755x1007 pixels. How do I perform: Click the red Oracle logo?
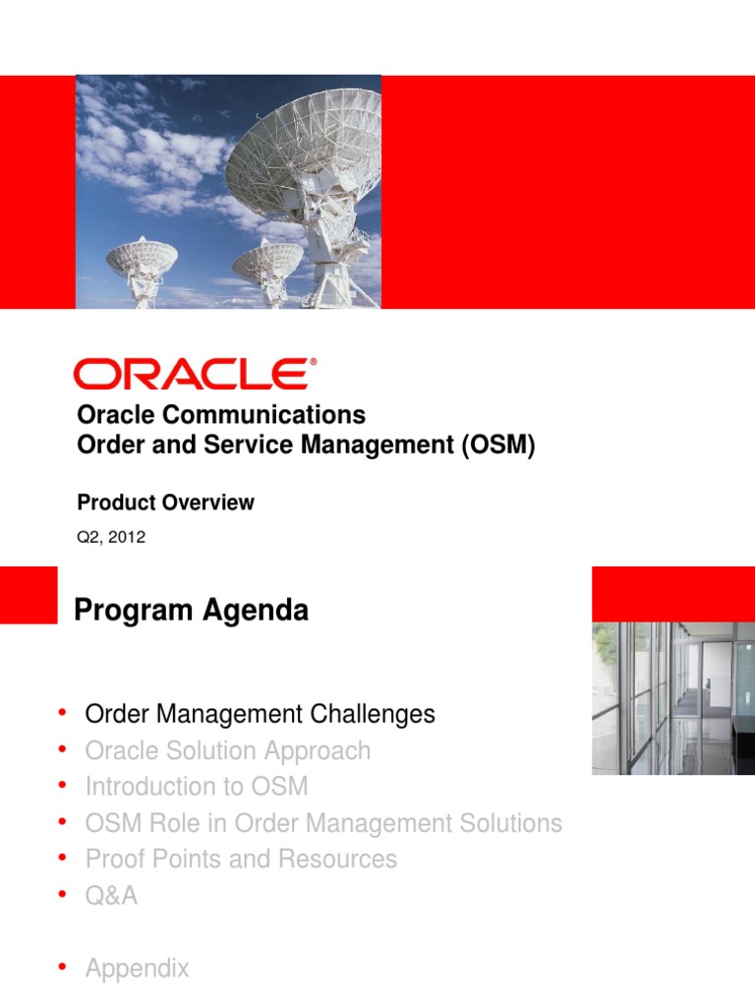pyautogui.click(x=195, y=375)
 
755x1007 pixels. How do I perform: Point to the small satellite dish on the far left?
pyautogui.click(x=142, y=260)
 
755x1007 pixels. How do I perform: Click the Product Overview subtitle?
pyautogui.click(x=165, y=503)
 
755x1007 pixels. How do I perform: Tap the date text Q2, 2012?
pyautogui.click(x=111, y=537)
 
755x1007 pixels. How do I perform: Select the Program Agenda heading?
pyautogui.click(x=191, y=611)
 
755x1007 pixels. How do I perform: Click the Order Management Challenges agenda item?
pyautogui.click(x=260, y=714)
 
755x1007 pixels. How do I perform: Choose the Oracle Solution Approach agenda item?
pyautogui.click(x=228, y=750)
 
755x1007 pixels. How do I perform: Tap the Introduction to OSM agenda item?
pyautogui.click(x=197, y=787)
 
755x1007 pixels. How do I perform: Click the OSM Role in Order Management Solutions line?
pyautogui.click(x=323, y=823)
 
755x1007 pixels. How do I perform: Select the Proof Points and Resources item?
pyautogui.click(x=241, y=859)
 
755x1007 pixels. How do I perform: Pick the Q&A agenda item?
pyautogui.click(x=111, y=895)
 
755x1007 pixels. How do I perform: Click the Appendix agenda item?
pyautogui.click(x=137, y=969)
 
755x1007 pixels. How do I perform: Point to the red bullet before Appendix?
pyautogui.click(x=62, y=968)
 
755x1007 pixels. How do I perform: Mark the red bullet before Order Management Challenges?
pyautogui.click(x=62, y=712)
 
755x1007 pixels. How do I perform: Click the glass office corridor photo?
pyautogui.click(x=672, y=697)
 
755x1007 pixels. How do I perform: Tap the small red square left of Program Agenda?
pyautogui.click(x=29, y=594)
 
